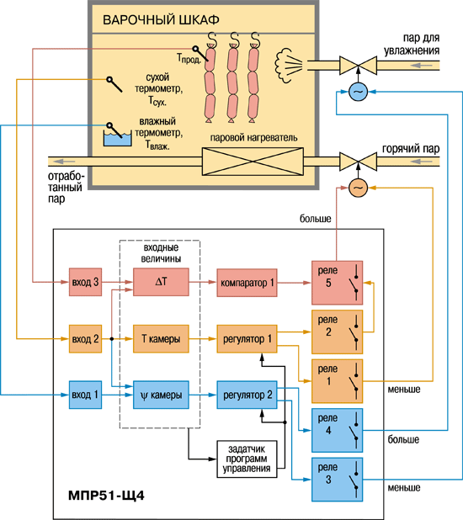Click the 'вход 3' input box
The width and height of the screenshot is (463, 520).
[x=85, y=282]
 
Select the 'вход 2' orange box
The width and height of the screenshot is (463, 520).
[x=85, y=338]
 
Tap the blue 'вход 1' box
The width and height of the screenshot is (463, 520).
[x=85, y=395]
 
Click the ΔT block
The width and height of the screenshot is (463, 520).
[x=161, y=282]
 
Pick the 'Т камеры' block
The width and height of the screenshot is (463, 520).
[x=161, y=338]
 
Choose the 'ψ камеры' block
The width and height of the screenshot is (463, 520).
[x=161, y=395]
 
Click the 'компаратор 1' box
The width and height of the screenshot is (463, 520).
[x=247, y=283]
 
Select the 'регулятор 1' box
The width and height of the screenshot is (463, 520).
[x=247, y=338]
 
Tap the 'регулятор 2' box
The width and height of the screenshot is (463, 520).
[x=247, y=395]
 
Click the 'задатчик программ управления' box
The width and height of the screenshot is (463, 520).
[x=247, y=459]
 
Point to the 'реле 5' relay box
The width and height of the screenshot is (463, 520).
[x=338, y=283]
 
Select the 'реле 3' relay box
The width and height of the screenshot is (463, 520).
[x=338, y=480]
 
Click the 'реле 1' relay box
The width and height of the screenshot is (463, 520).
[x=338, y=381]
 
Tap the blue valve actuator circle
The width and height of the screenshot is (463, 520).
[x=358, y=92]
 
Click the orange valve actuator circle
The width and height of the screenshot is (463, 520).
[x=358, y=188]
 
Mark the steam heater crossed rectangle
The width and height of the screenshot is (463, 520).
[x=253, y=162]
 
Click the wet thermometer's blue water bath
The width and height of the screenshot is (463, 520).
[x=118, y=139]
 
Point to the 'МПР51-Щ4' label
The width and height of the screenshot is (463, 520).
[x=106, y=496]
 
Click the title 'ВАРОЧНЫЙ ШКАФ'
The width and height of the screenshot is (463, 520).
[x=161, y=20]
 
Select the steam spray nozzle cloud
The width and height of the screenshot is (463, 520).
[x=288, y=65]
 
